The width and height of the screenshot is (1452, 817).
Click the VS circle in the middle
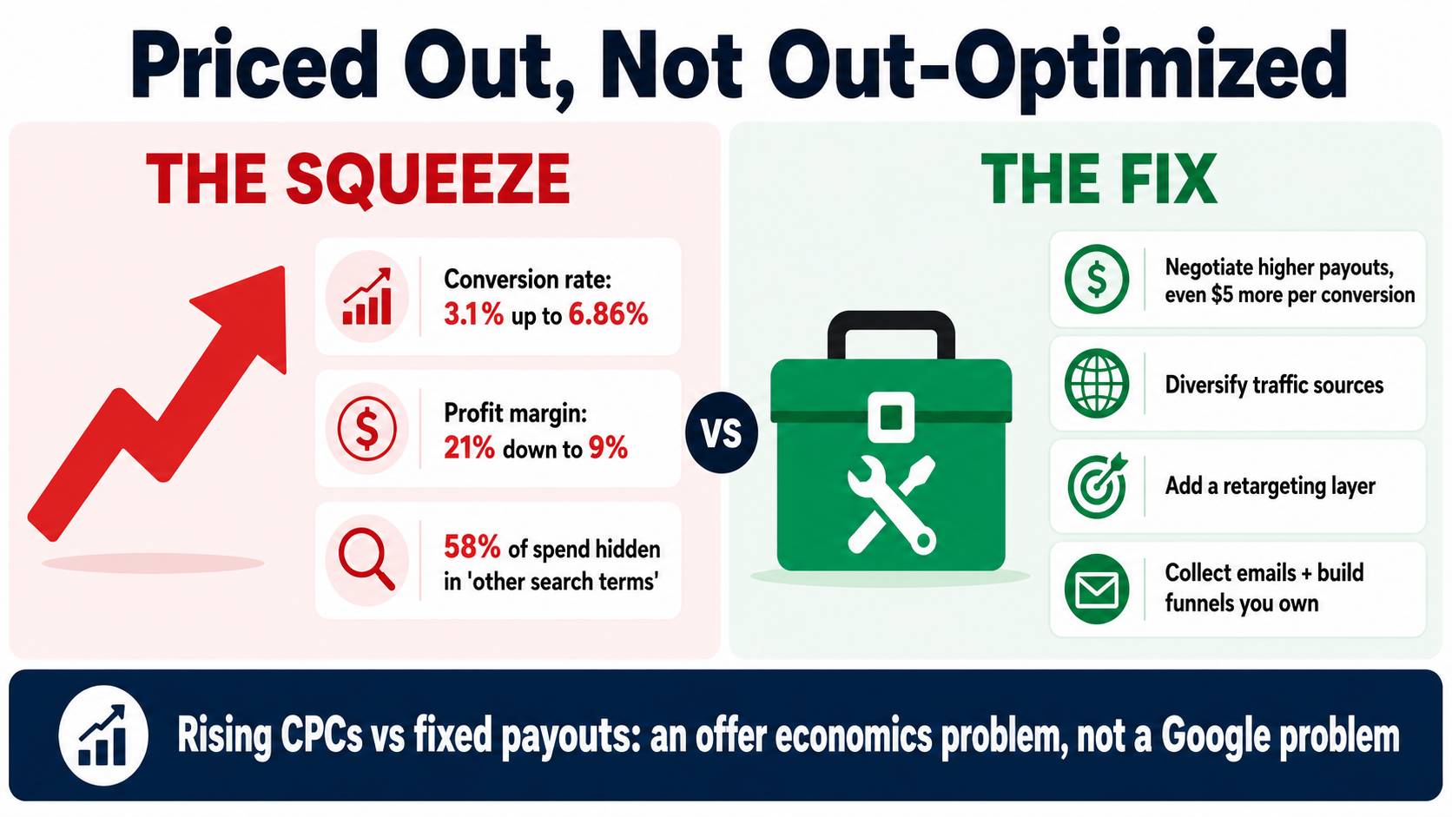click(722, 432)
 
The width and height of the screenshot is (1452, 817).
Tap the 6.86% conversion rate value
click(608, 314)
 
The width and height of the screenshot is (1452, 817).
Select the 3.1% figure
click(473, 314)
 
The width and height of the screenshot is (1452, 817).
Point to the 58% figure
click(472, 548)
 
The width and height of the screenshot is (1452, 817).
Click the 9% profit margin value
click(608, 448)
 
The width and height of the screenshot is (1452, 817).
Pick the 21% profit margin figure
click(469, 448)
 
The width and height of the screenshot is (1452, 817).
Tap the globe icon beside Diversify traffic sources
click(1097, 384)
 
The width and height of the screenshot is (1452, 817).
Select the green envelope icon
click(1097, 589)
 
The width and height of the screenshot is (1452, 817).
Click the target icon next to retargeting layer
click(1097, 486)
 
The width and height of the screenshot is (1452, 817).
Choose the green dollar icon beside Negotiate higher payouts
click(1097, 280)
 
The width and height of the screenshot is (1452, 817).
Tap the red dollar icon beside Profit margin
click(366, 428)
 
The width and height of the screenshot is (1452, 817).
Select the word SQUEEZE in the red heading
click(427, 178)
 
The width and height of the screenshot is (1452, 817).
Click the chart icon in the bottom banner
click(103, 735)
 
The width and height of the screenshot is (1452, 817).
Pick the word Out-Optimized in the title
click(1057, 65)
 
